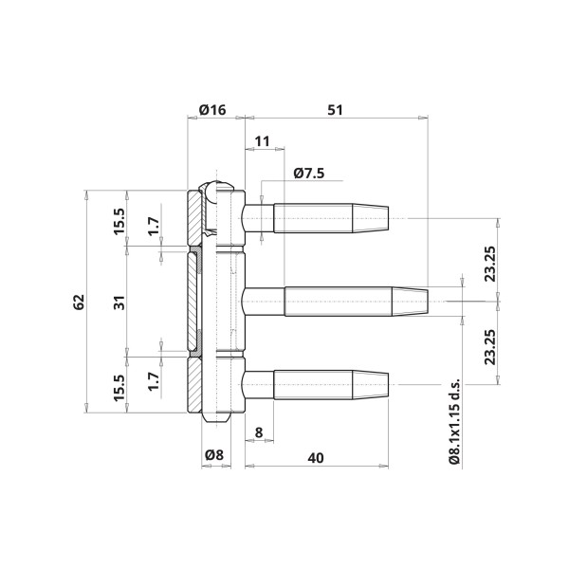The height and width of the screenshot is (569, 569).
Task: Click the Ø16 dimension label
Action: (212, 109)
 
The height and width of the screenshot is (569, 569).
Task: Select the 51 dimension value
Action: (335, 110)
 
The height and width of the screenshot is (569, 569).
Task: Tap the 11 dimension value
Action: (262, 141)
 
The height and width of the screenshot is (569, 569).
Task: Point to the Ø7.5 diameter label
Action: (309, 174)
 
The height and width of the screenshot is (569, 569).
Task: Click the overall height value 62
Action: (79, 302)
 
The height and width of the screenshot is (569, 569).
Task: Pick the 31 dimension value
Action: (119, 303)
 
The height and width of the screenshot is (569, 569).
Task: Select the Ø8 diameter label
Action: (214, 454)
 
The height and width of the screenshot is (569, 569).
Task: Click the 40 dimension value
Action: (316, 458)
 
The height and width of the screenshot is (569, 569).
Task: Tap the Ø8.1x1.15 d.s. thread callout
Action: (454, 421)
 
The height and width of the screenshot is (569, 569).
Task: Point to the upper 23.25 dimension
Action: (490, 264)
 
